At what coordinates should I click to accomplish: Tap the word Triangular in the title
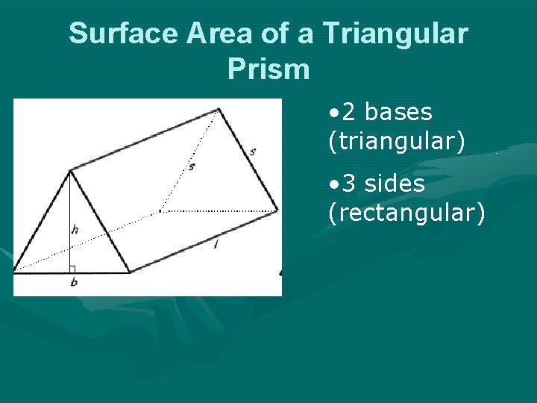(x=395, y=34)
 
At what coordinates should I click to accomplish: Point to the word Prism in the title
(x=268, y=69)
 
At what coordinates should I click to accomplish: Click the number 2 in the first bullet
(x=349, y=112)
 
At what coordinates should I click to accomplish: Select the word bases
(x=398, y=112)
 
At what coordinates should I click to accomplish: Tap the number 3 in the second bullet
(x=349, y=184)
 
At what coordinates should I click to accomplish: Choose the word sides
(x=395, y=184)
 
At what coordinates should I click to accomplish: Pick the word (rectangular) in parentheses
(x=406, y=213)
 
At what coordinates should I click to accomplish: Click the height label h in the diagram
(x=75, y=230)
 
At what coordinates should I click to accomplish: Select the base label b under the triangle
(x=73, y=283)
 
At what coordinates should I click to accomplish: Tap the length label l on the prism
(x=216, y=244)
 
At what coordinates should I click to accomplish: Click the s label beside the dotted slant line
(x=191, y=167)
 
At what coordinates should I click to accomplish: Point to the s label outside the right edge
(x=253, y=151)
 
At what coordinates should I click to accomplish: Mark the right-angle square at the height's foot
(x=72, y=269)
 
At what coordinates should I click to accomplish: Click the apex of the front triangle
(x=70, y=171)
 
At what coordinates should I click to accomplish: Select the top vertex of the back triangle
(x=219, y=110)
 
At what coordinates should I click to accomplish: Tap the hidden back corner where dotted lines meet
(x=160, y=211)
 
